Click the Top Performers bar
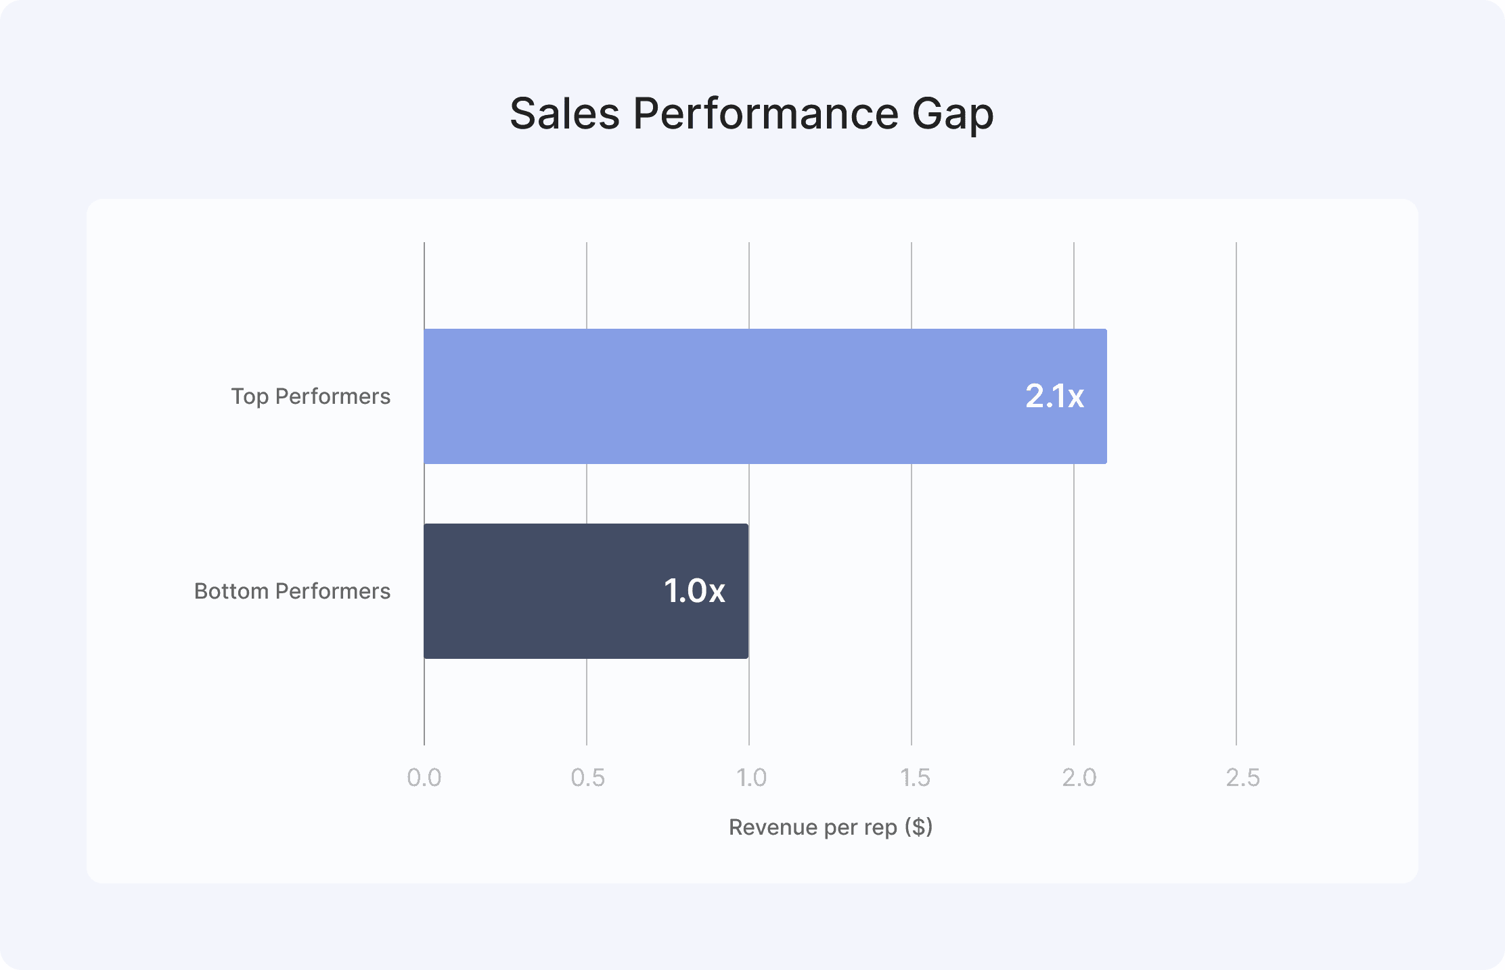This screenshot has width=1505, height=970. coord(765,396)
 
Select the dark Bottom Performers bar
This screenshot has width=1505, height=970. coord(586,591)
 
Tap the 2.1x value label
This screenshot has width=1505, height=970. coord(1054,396)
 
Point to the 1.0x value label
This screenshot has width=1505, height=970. coord(694,591)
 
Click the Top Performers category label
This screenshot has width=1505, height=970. coord(311,396)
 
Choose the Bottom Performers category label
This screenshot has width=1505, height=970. coord(292,591)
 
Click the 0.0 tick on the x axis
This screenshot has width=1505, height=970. coord(424,778)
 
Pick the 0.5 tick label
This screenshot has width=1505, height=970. coord(587,778)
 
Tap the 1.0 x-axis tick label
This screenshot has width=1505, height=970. coord(751,778)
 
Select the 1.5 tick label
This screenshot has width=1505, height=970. coord(915,778)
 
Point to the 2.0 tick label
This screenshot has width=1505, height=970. coord(1079,778)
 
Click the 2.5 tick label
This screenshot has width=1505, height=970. coord(1242,778)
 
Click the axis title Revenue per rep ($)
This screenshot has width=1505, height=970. coord(830,827)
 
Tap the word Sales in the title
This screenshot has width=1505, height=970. coord(565,113)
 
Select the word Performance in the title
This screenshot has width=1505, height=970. coord(766,113)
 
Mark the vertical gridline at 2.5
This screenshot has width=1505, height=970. coord(1236,494)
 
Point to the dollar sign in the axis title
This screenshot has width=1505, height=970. coord(919,827)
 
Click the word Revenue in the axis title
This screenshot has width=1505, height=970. coord(773,827)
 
